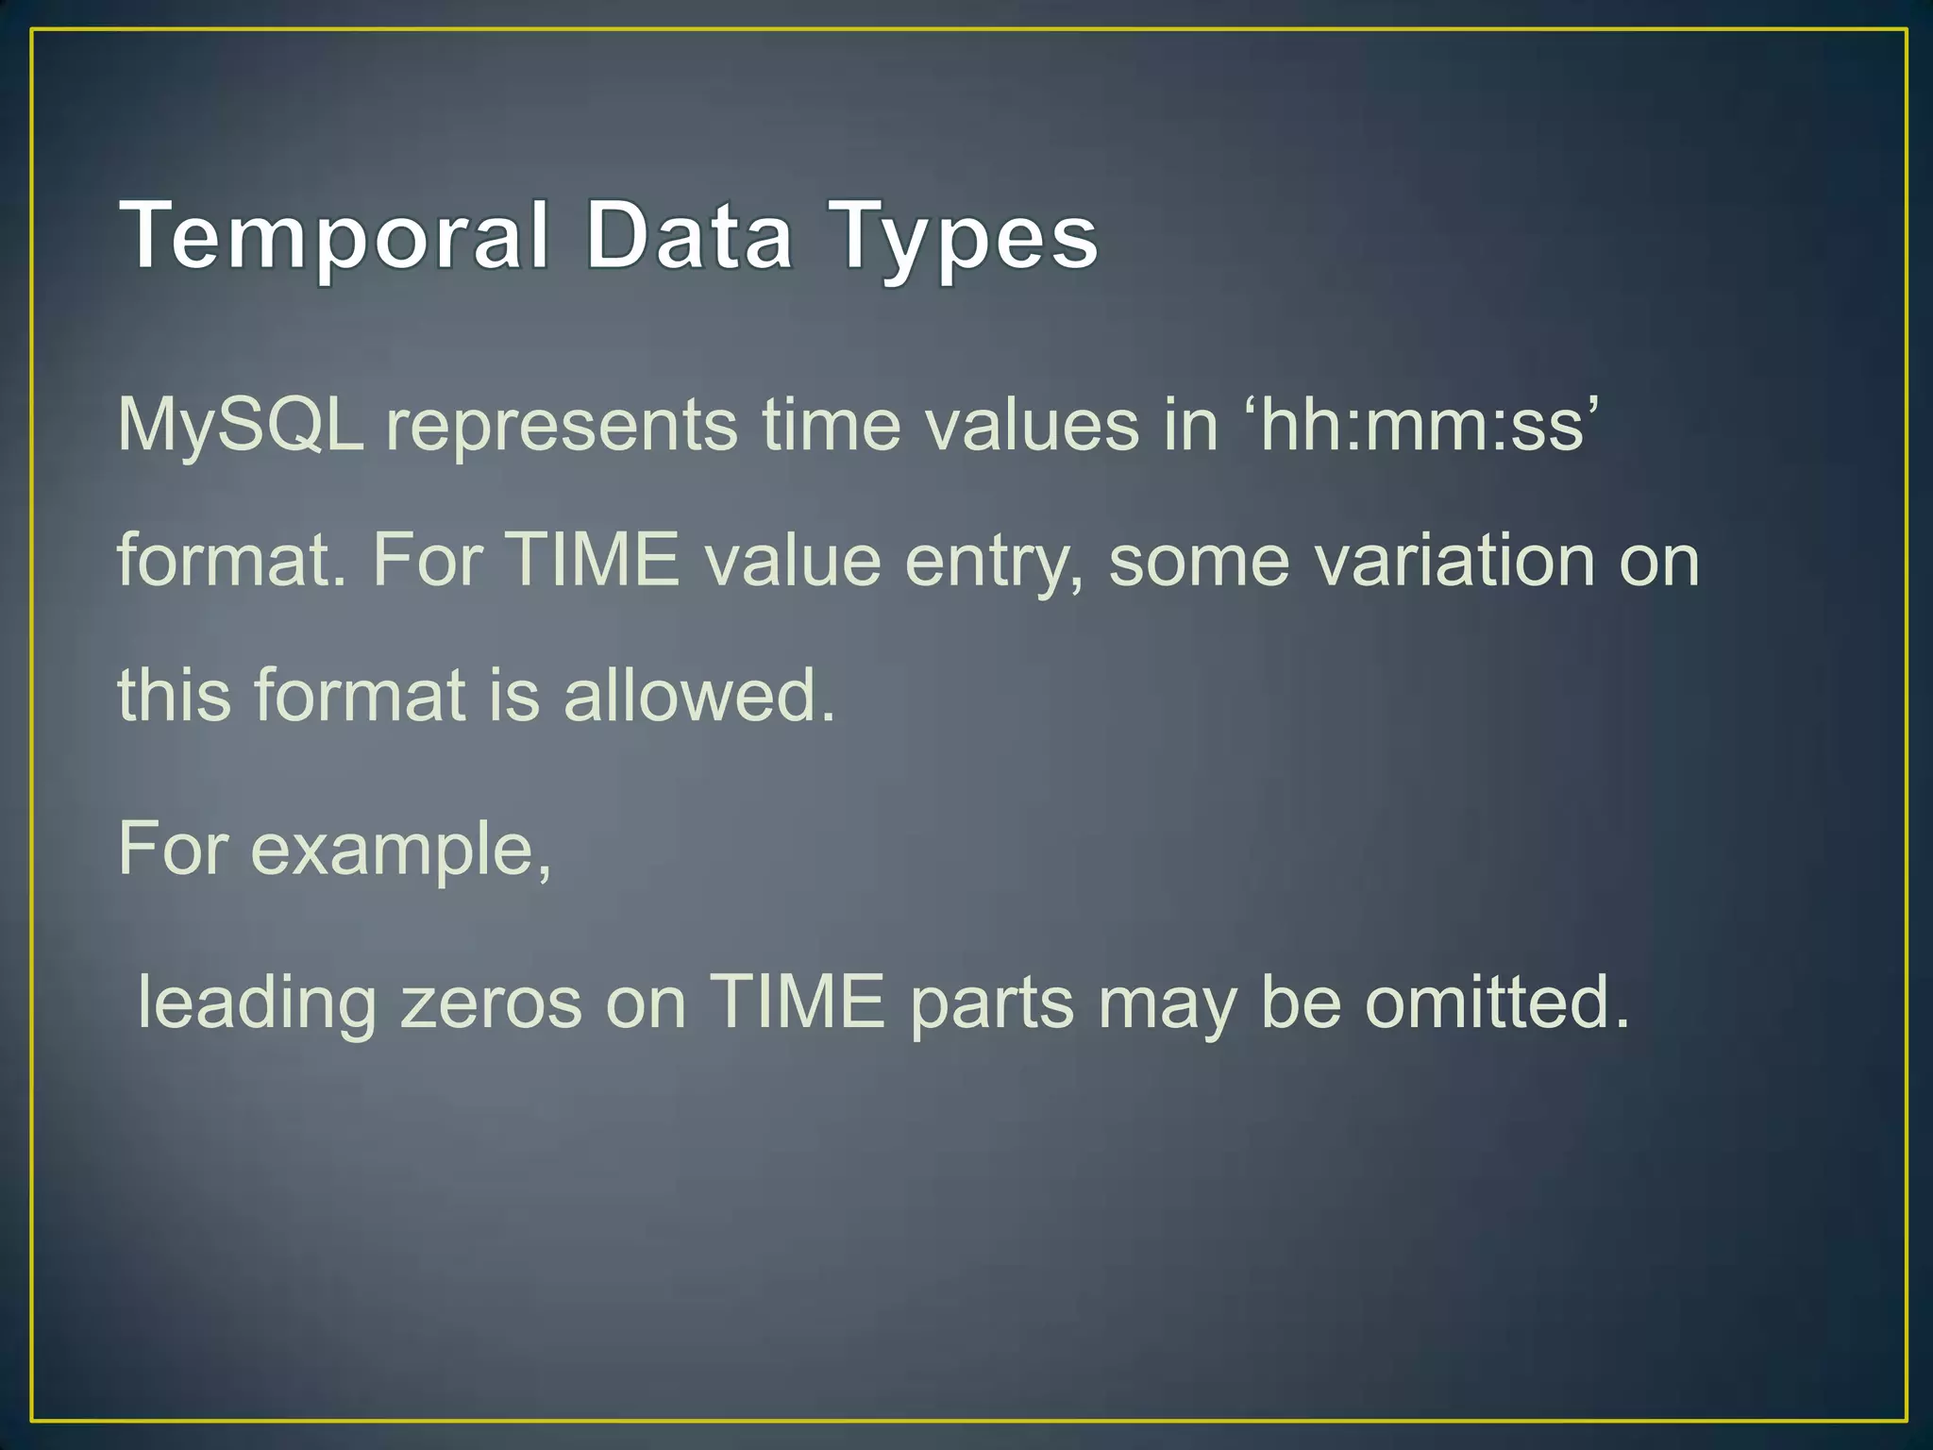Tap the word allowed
[x=699, y=695]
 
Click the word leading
[x=257, y=1003]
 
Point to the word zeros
[x=492, y=1003]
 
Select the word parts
[x=992, y=1003]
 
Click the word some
[x=1199, y=561]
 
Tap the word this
[x=174, y=695]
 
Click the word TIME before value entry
[x=594, y=561]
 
